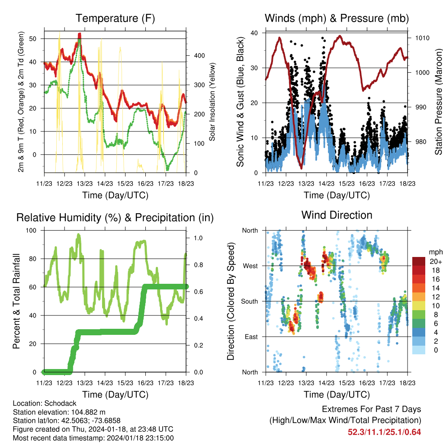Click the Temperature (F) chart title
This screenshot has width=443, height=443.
tap(115, 19)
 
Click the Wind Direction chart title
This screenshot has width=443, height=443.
tap(337, 215)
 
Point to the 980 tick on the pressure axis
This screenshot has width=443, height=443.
tap(419, 142)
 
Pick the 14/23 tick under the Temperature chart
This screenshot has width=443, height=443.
tap(105, 183)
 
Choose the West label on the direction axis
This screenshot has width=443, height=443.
tap(250, 266)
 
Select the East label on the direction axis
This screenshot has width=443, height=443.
tap(250, 337)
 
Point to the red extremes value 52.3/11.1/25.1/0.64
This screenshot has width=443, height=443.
tap(384, 432)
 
